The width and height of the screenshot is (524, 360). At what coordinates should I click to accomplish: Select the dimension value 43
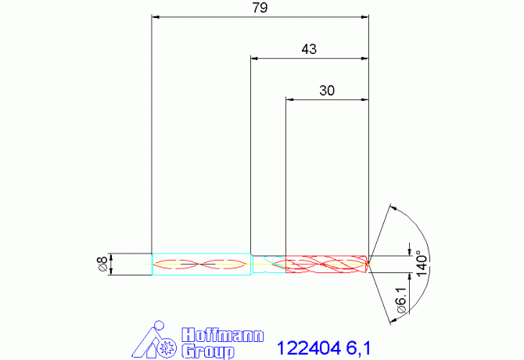(309, 49)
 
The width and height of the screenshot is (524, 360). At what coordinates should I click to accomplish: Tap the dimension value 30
(327, 90)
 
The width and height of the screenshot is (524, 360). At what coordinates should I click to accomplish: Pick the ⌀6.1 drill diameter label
(400, 301)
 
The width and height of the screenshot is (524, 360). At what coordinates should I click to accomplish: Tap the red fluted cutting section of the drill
(326, 264)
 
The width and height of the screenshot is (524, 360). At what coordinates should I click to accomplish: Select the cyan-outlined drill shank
(201, 264)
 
